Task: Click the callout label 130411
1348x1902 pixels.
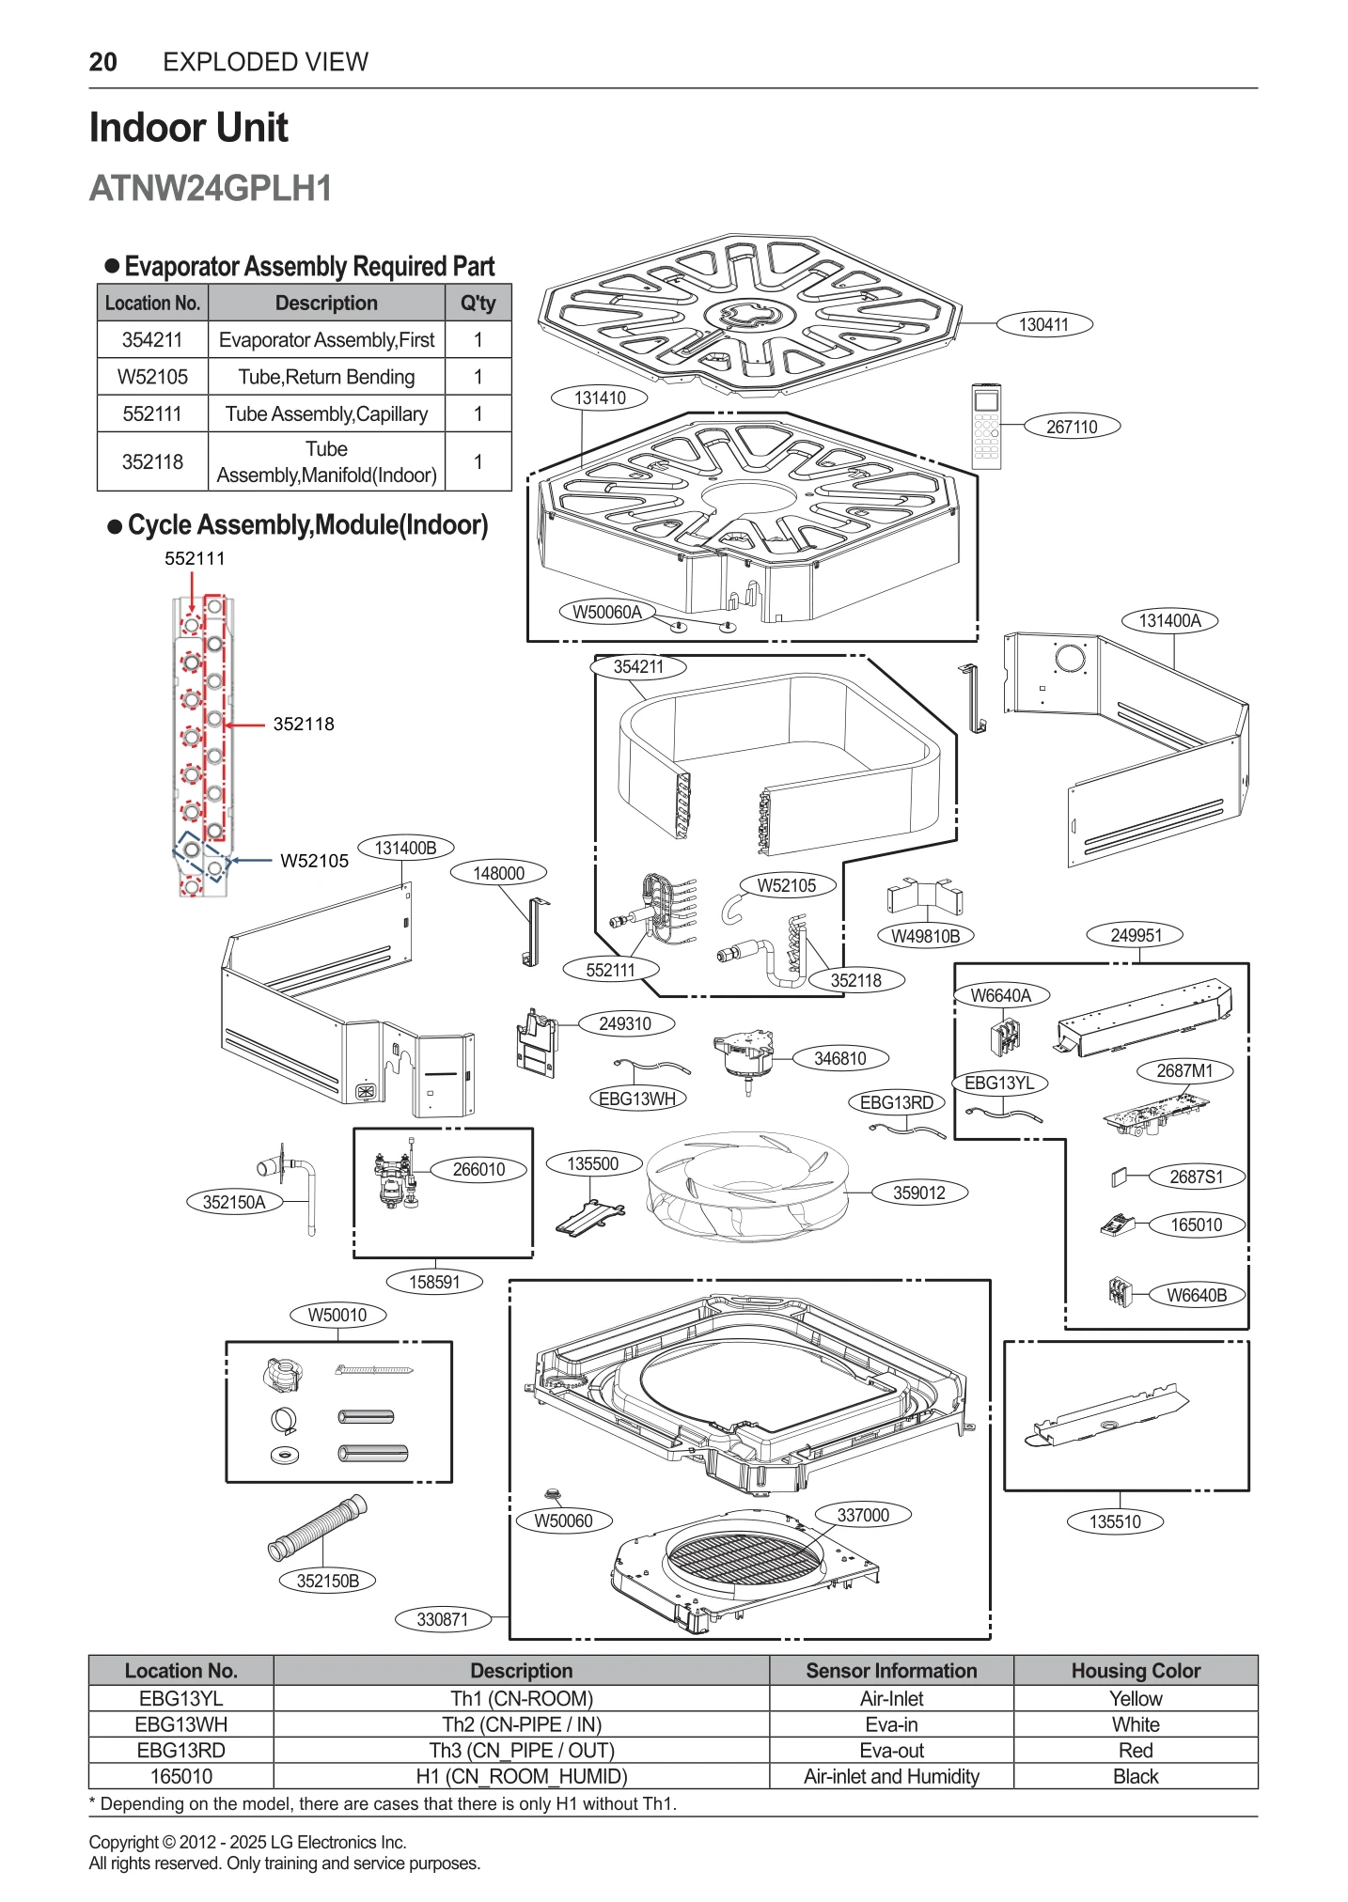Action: (1043, 325)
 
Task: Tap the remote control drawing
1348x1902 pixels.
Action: (986, 426)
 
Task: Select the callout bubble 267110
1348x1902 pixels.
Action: (1072, 427)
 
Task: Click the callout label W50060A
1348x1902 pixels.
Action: (607, 612)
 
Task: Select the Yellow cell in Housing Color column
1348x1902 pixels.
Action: (1135, 1698)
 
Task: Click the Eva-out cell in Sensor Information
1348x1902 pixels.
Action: (890, 1750)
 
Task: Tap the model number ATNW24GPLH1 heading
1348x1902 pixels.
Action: (211, 189)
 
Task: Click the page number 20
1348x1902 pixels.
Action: (102, 62)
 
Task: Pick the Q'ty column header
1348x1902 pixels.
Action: (478, 303)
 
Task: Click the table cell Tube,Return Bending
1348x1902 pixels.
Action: (326, 377)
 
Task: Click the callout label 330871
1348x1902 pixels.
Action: (442, 1619)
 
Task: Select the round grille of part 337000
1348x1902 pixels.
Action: (743, 1562)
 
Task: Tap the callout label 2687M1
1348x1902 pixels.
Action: (1183, 1071)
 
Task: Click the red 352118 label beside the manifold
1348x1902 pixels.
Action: (304, 724)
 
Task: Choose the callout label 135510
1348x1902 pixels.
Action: (1115, 1521)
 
